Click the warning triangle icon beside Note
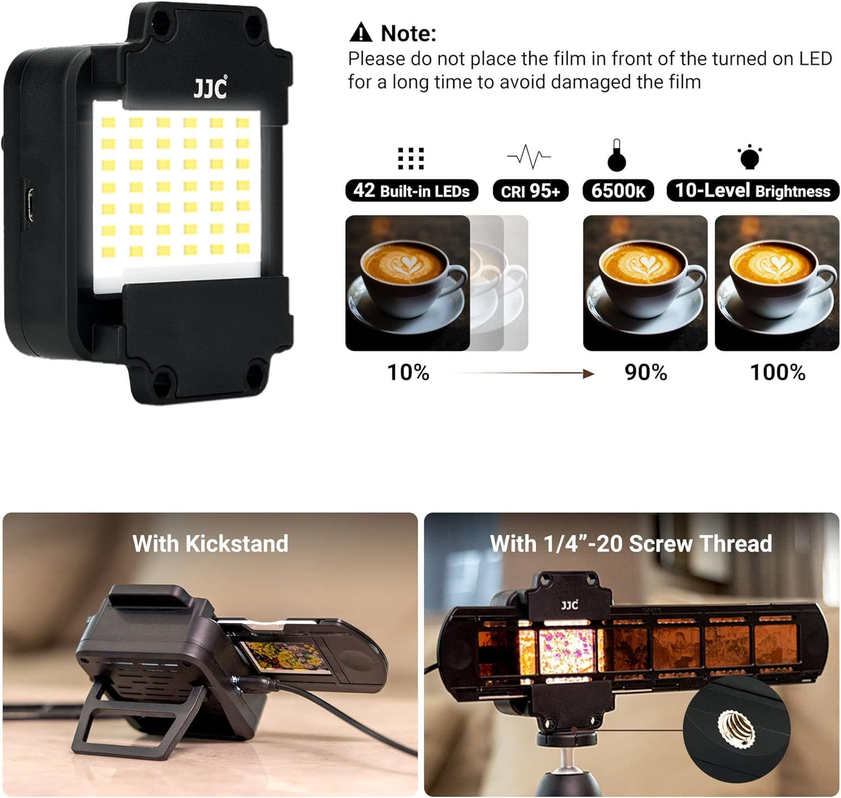pos(361,33)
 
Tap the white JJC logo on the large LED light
pos(210,88)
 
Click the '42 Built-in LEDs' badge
pos(411,191)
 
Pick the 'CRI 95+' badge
pos(530,191)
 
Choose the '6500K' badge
pos(618,191)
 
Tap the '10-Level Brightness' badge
pos(752,191)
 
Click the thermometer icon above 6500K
pos(617,155)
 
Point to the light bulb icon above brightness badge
pos(749,157)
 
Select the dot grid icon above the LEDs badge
pos(411,159)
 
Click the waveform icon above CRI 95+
pos(529,156)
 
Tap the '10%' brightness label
pos(408,372)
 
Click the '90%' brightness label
pos(646,372)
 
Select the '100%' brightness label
pos(778,372)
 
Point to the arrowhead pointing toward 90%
pos(589,373)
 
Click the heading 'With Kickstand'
pos(210,543)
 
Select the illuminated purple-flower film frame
pos(566,651)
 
